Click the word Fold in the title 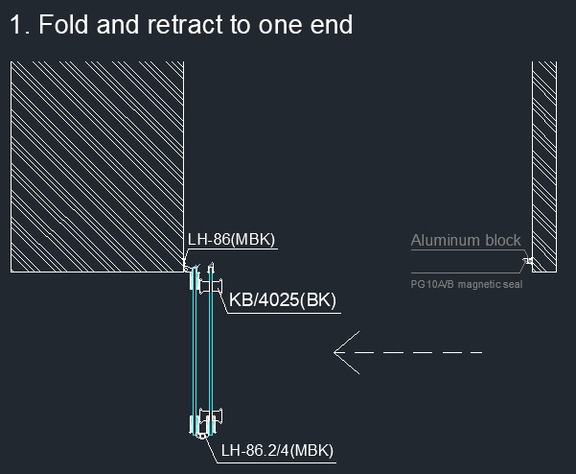click(x=63, y=25)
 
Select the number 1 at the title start click(x=15, y=25)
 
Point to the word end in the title click(x=332, y=25)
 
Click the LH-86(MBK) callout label click(x=231, y=239)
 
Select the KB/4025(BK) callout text click(x=283, y=299)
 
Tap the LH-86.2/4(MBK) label click(x=277, y=450)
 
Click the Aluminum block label click(x=466, y=241)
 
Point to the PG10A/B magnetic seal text click(x=467, y=284)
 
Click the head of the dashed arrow click(x=335, y=352)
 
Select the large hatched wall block click(x=98, y=167)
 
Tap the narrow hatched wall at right click(x=544, y=167)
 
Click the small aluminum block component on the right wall click(x=529, y=261)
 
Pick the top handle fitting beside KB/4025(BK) click(x=211, y=286)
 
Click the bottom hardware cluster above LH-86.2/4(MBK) click(x=206, y=423)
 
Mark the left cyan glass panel click(x=195, y=351)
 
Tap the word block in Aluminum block click(x=503, y=241)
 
